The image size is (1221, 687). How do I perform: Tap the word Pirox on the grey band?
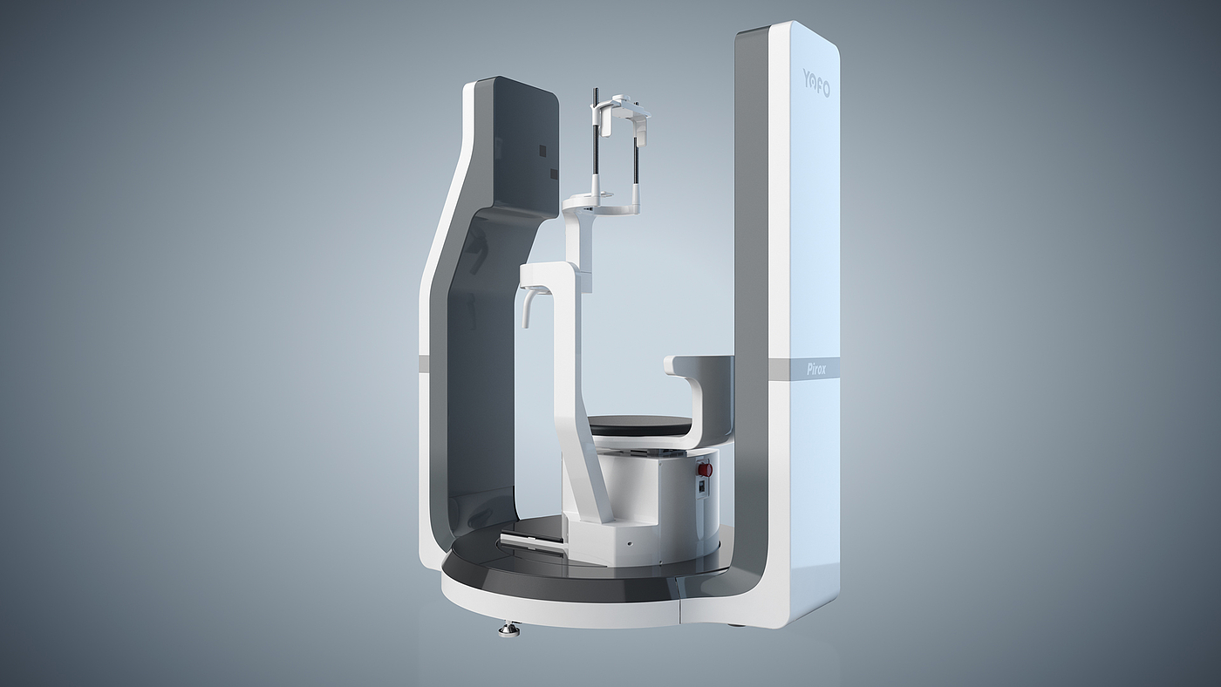(x=816, y=370)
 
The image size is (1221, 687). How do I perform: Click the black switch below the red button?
(x=701, y=487)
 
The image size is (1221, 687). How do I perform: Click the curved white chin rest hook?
(x=527, y=308)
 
